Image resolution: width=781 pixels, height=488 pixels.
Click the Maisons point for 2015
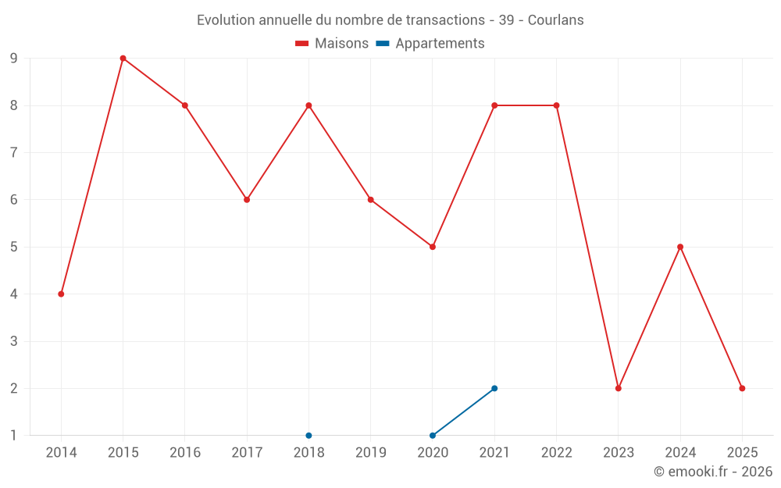(x=123, y=58)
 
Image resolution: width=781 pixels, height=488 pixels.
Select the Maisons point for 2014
(x=61, y=294)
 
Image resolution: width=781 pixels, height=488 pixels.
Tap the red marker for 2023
(x=619, y=388)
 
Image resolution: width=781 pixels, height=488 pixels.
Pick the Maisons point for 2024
(x=680, y=247)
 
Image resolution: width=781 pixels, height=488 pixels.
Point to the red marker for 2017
(x=247, y=200)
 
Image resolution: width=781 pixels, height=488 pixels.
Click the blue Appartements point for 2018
(x=308, y=435)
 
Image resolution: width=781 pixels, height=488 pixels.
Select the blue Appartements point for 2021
(x=494, y=388)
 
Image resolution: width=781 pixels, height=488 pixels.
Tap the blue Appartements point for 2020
(x=433, y=435)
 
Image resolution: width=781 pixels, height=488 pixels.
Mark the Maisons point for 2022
(x=556, y=105)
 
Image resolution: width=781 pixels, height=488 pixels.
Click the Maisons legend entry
(x=332, y=44)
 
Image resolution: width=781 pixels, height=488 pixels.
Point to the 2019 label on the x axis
(x=371, y=452)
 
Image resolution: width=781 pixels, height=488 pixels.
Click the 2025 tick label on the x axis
(x=742, y=452)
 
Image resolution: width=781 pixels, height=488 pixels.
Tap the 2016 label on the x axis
(x=185, y=452)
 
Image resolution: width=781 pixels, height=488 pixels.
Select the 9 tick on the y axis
(x=14, y=58)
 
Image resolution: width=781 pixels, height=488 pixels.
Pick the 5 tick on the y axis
(x=14, y=247)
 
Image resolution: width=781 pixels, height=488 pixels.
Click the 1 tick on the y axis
(x=14, y=435)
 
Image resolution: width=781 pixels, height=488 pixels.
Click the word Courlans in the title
(x=555, y=20)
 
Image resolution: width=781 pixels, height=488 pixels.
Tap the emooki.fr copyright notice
(x=713, y=472)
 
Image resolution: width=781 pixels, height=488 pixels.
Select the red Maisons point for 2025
(x=742, y=388)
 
